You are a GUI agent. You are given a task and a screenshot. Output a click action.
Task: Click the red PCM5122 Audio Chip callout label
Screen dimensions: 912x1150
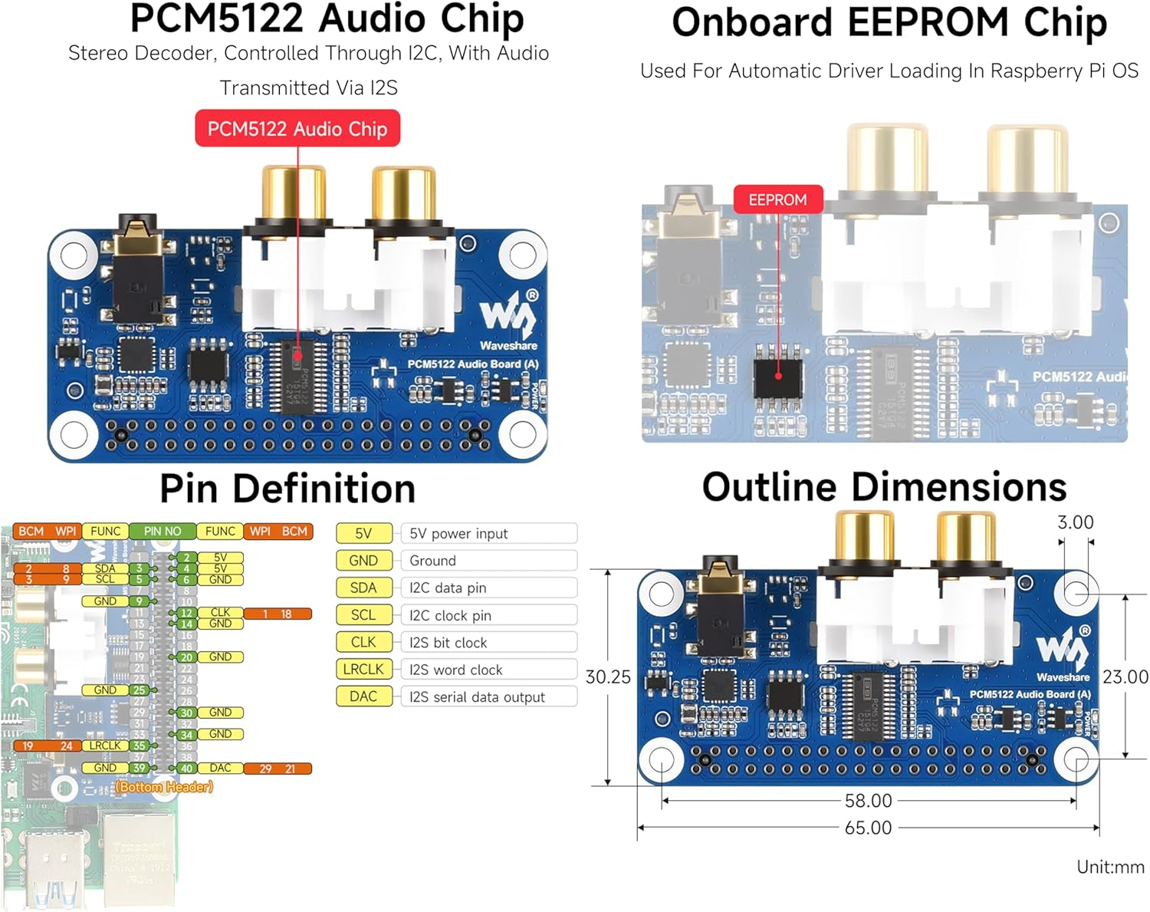point(297,129)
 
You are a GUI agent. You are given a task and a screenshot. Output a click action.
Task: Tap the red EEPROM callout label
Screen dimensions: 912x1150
point(777,200)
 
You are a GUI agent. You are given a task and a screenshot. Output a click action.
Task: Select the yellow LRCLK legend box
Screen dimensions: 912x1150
point(363,670)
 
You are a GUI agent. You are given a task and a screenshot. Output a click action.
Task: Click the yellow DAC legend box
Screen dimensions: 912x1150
point(363,696)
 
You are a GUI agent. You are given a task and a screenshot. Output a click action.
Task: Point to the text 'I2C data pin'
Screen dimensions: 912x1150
point(448,588)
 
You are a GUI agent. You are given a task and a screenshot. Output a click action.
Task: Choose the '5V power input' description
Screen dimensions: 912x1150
point(458,534)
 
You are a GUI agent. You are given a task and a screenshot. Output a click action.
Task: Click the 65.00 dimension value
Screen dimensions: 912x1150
point(868,828)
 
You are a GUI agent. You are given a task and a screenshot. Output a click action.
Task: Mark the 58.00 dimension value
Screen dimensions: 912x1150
point(868,801)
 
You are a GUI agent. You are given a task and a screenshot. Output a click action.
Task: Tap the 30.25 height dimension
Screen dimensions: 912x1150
point(608,677)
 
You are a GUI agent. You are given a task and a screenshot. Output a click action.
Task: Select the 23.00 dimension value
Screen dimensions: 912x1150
point(1125,677)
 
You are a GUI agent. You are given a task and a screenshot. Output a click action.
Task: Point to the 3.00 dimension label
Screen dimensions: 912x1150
point(1075,523)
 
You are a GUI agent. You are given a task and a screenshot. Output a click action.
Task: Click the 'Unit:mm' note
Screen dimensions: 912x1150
point(1109,868)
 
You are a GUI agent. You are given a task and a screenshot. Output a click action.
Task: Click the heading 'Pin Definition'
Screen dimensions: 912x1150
point(287,489)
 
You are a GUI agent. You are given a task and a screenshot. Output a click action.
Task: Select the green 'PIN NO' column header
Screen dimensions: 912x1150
point(163,532)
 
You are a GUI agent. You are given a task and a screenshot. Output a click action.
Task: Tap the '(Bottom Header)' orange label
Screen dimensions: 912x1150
point(164,787)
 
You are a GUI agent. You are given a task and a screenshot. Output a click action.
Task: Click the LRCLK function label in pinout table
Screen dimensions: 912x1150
point(105,746)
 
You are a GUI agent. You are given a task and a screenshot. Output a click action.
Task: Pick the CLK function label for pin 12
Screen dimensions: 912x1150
point(220,613)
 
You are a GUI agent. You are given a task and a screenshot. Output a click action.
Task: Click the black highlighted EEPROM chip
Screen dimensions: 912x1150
point(778,376)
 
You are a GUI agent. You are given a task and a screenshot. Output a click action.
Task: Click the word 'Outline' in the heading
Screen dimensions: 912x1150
point(770,488)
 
